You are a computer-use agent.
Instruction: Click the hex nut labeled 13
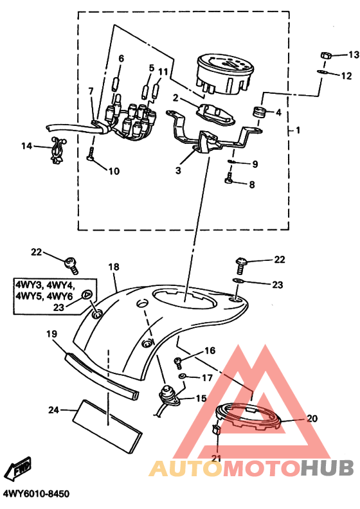pyautogui.click(x=325, y=55)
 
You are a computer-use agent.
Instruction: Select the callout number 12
pyautogui.click(x=346, y=76)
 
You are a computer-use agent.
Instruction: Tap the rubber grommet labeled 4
pyautogui.click(x=259, y=112)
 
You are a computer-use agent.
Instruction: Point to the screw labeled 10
pyautogui.click(x=91, y=153)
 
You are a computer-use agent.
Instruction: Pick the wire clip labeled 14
pyautogui.click(x=58, y=150)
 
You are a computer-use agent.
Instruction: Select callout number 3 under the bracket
pyautogui.click(x=178, y=170)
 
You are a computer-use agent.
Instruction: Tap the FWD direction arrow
pyautogui.click(x=19, y=470)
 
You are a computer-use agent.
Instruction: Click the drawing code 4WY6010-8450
pyautogui.click(x=35, y=494)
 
